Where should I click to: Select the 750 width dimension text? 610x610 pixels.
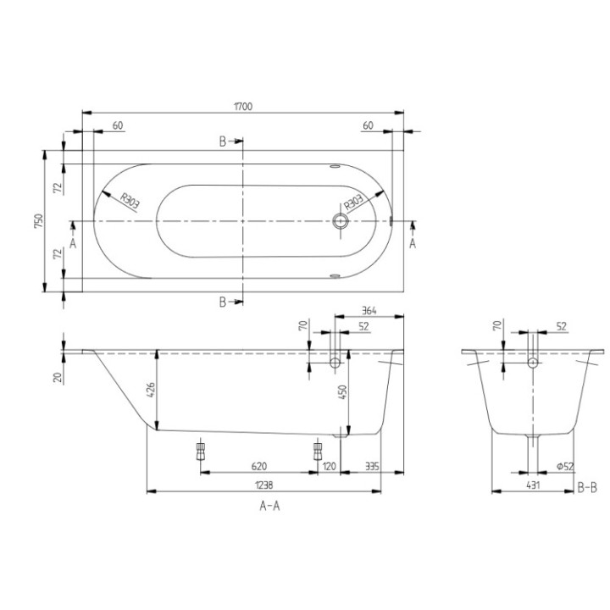pos(38,221)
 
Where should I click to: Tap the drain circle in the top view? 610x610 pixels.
pos(341,222)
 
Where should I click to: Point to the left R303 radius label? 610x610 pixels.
pos(130,201)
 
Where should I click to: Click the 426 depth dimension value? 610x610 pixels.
pos(151,391)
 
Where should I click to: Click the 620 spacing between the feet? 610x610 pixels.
pos(260,465)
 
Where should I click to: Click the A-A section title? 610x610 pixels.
pos(269,506)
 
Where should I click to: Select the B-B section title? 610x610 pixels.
pos(588,488)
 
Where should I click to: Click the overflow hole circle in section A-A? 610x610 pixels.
pos(335,363)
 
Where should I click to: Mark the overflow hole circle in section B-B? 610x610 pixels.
pos(532,363)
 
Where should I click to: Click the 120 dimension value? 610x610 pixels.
pos(330,465)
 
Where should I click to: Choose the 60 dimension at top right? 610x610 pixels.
pos(368,125)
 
